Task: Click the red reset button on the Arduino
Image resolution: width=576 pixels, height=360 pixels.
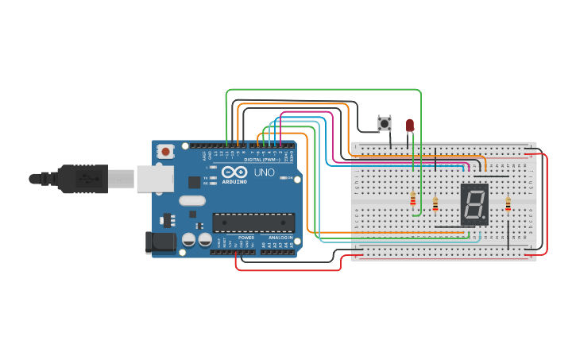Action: (x=165, y=150)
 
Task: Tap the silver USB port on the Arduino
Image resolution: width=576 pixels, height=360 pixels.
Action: (x=154, y=179)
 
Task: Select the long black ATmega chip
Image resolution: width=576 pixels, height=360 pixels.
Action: (x=253, y=223)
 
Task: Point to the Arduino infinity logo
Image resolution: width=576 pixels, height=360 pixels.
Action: (x=234, y=172)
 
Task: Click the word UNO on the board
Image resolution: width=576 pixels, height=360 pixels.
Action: (x=265, y=172)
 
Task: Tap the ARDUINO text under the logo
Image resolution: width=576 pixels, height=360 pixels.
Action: (x=234, y=181)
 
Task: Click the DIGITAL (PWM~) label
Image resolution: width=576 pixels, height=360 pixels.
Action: (x=263, y=160)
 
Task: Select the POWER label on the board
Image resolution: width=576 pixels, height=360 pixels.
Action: (x=246, y=238)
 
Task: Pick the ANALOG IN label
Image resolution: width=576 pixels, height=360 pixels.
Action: (x=280, y=238)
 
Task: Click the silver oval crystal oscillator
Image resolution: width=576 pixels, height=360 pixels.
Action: (x=192, y=201)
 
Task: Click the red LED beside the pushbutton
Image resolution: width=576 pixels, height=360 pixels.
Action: (x=410, y=125)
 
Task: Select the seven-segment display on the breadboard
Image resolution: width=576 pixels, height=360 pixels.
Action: (x=474, y=204)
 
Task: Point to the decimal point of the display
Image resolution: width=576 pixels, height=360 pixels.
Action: (x=485, y=219)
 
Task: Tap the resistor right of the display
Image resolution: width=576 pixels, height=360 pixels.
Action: (x=508, y=205)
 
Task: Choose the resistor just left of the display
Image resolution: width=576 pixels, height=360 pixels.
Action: (x=435, y=204)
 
